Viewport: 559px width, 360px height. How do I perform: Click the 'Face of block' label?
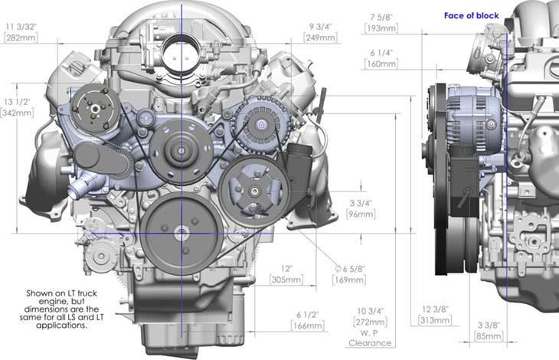click(x=471, y=15)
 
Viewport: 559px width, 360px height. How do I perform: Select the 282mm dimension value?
click(x=21, y=38)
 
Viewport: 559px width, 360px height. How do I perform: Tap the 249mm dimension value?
click(x=321, y=38)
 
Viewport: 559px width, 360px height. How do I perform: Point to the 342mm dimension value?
click(x=17, y=113)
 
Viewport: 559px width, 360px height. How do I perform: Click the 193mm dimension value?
click(x=381, y=28)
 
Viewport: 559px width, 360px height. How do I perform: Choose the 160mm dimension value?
click(x=381, y=64)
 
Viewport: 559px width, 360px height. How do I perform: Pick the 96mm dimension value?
click(x=361, y=214)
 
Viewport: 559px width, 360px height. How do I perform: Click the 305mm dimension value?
click(x=286, y=280)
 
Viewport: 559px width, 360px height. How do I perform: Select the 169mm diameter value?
click(x=349, y=280)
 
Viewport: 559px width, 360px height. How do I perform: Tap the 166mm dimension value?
click(x=307, y=326)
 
